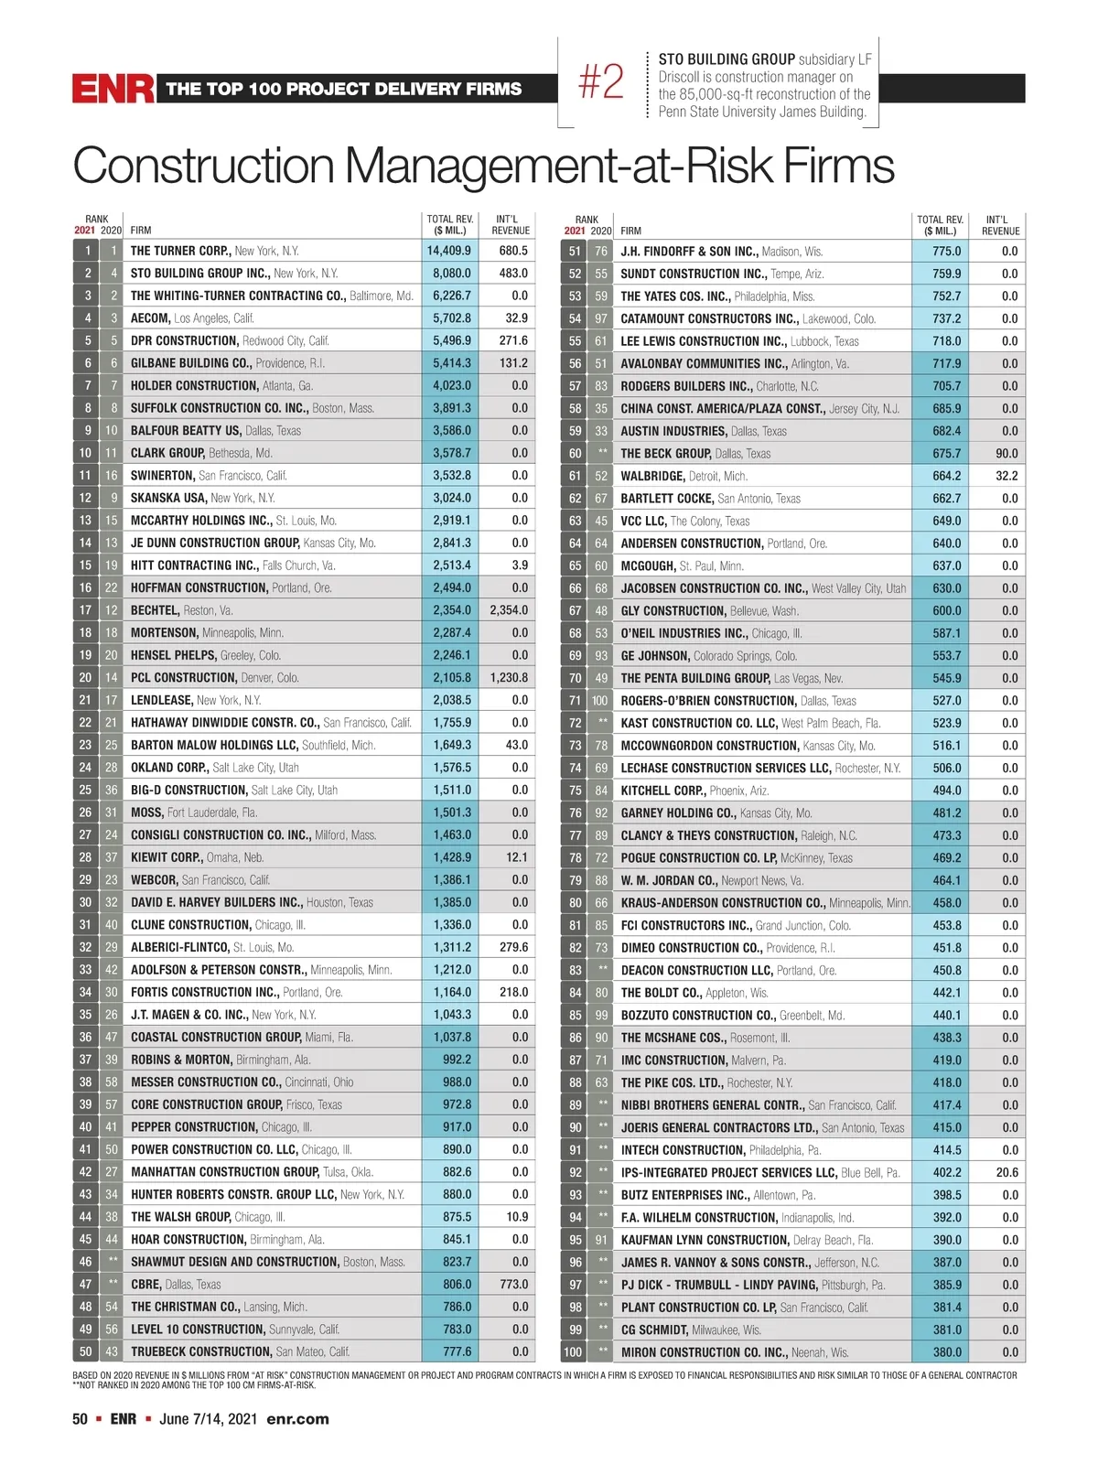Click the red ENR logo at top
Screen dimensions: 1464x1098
[x=113, y=89]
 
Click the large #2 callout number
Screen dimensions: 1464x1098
[x=601, y=82]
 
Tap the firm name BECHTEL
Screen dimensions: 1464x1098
[x=154, y=610]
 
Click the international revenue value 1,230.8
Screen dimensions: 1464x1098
[x=509, y=678]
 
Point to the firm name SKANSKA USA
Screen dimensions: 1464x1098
[x=168, y=498]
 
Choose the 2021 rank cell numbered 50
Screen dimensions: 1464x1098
[x=85, y=1351]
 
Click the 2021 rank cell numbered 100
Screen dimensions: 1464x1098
[x=573, y=1352]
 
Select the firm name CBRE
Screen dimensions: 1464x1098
[x=145, y=1285]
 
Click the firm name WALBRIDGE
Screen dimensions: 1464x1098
[x=651, y=476]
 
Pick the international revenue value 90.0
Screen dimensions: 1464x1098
[x=1006, y=454]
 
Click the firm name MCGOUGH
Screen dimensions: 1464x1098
[x=648, y=565]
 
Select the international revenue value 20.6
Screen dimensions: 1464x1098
[x=1006, y=1172]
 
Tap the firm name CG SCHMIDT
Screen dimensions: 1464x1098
[x=654, y=1329]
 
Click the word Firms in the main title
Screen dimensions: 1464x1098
[x=836, y=167]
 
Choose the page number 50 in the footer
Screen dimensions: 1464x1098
[x=81, y=1419]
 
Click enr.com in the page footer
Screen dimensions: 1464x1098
[x=297, y=1419]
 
